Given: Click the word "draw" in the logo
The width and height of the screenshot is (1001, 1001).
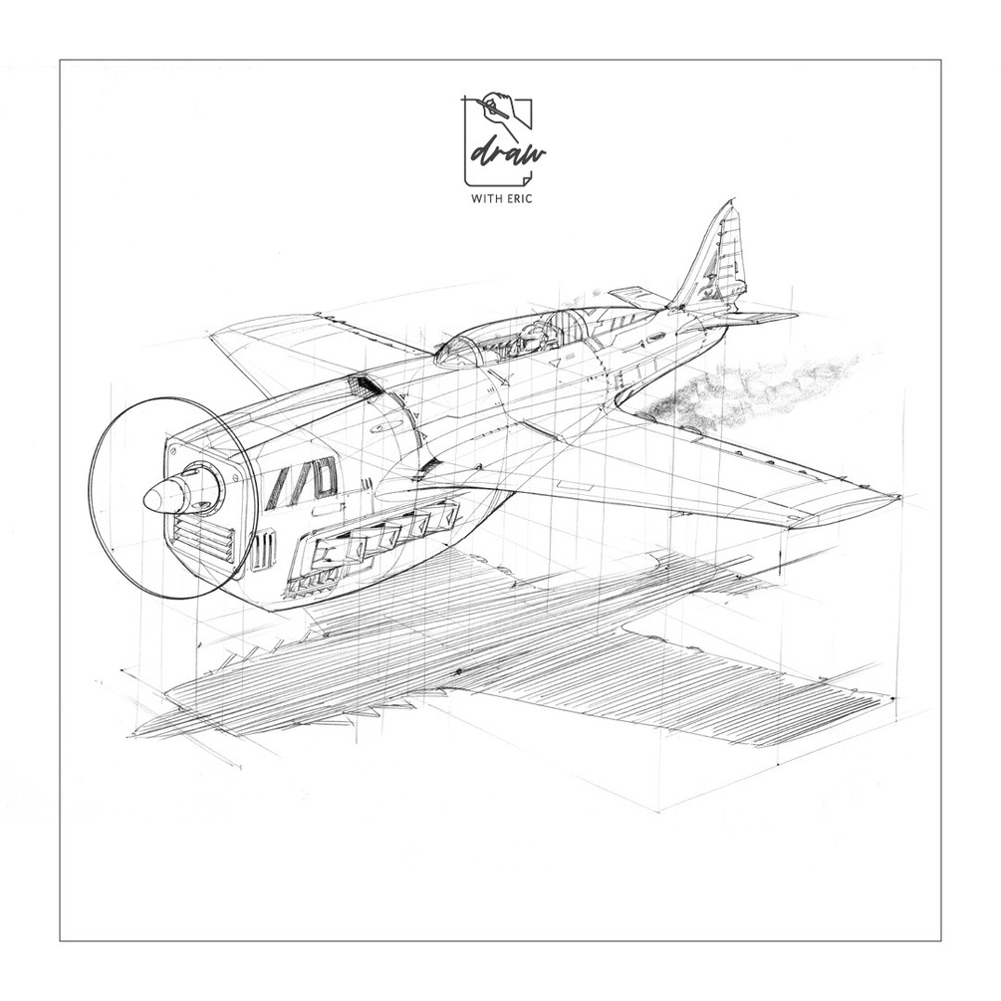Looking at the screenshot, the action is point(508,153).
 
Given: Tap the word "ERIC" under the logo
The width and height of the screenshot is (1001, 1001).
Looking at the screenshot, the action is point(518,198).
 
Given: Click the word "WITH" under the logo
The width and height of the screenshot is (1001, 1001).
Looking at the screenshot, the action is point(484,198).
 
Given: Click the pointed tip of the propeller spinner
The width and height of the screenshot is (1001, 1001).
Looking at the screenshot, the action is point(144,502).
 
